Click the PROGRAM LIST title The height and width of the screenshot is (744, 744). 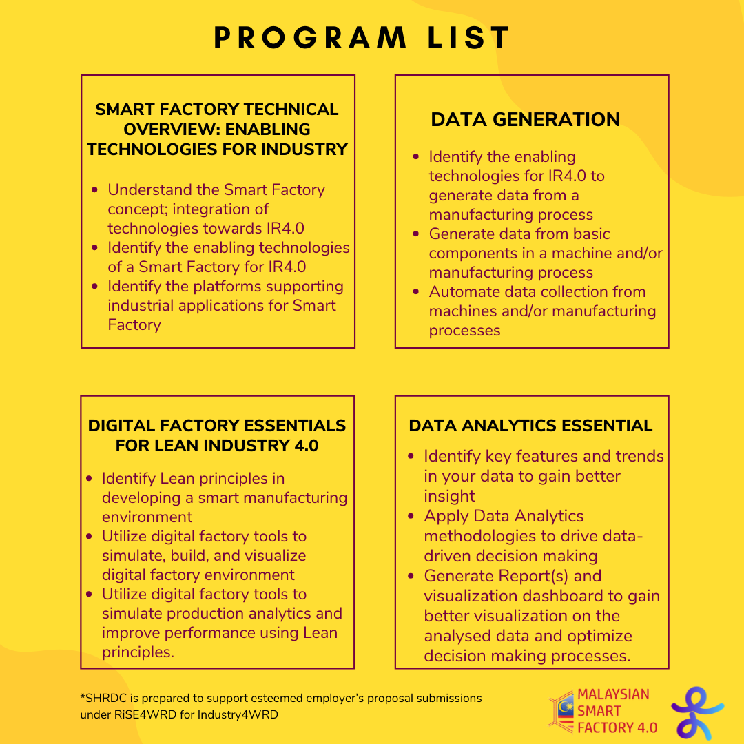point(362,39)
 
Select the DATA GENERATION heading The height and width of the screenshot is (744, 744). point(525,119)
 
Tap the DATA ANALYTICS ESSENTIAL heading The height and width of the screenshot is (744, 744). point(530,426)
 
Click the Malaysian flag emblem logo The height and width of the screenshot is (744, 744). point(561,710)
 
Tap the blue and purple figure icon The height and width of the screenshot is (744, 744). point(696,712)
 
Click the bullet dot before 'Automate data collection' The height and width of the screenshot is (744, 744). point(415,291)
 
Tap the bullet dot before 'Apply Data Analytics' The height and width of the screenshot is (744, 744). point(411,516)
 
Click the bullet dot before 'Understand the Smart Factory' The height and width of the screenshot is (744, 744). point(95,189)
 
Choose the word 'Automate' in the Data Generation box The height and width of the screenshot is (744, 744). point(460,291)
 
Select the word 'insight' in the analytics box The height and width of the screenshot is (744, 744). point(449,496)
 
